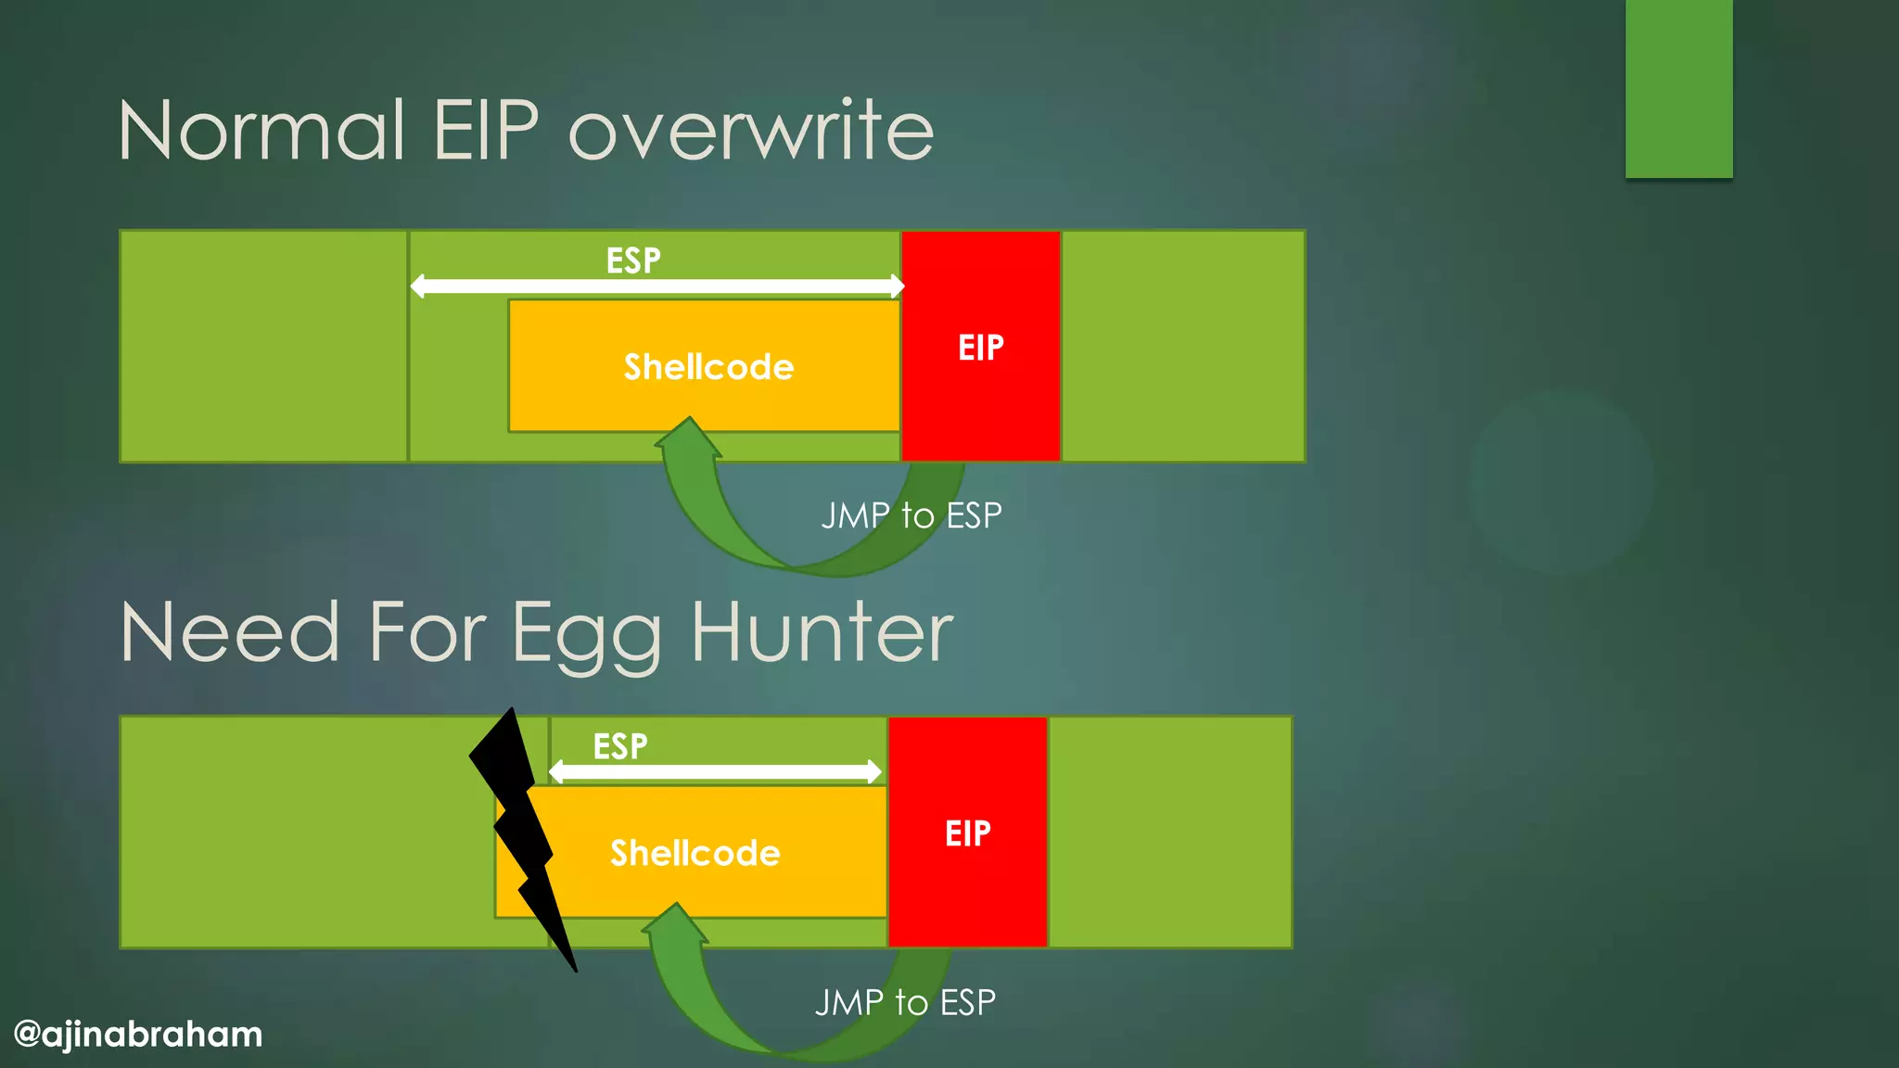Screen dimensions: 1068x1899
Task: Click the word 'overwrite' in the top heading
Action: pos(751,131)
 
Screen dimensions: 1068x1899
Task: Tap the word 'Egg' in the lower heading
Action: pos(586,635)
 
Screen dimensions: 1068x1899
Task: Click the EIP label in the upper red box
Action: pos(980,348)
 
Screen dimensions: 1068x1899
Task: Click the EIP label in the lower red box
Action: pos(967,833)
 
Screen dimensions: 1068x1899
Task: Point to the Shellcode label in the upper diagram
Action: pos(708,367)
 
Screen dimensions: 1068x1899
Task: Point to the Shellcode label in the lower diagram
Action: pos(695,853)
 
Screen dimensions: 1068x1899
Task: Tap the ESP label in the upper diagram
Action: pos(633,261)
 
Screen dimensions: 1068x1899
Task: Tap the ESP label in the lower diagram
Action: pos(620,746)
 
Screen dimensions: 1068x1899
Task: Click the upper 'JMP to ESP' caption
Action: pos(911,515)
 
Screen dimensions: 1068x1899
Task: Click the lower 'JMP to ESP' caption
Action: pos(905,1002)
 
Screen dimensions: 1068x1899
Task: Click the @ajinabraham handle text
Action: pos(138,1034)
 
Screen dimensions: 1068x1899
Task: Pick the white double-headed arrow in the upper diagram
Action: pos(656,286)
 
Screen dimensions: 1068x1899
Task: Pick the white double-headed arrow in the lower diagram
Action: pos(714,771)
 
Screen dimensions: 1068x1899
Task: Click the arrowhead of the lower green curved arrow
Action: pos(676,923)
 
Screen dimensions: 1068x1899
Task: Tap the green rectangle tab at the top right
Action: pos(1678,88)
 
